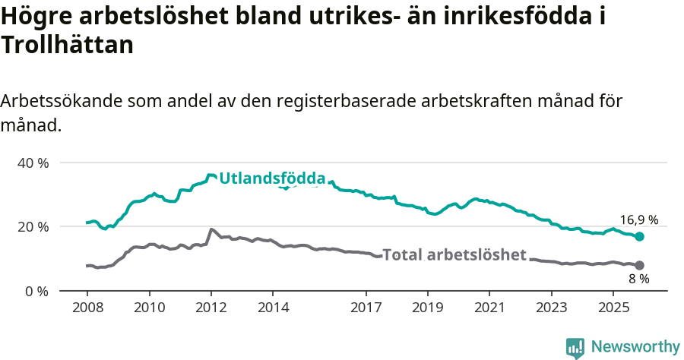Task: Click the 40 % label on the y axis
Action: click(x=33, y=163)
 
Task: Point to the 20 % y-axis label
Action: click(x=33, y=226)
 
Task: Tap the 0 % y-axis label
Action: click(x=37, y=291)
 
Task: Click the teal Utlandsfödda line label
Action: click(x=272, y=179)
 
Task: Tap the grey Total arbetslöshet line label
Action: click(x=454, y=255)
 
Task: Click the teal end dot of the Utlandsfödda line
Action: click(x=640, y=237)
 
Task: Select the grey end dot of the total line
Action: click(x=640, y=265)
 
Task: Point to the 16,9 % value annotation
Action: click(x=638, y=220)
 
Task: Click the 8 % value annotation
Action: click(x=638, y=279)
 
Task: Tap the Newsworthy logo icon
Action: click(x=575, y=347)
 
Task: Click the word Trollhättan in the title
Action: click(x=68, y=46)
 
